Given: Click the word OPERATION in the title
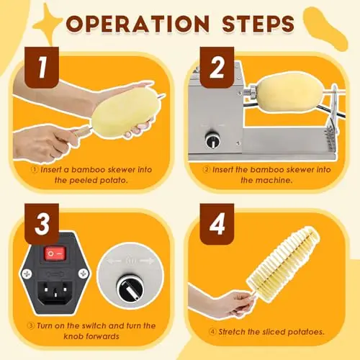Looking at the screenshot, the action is [138, 24].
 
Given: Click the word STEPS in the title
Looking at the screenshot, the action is [258, 24].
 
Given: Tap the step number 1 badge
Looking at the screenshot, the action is [42, 68].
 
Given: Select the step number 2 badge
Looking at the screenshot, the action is [217, 68].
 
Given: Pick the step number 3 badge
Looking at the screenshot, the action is [42, 224].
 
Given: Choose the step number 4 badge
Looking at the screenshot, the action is [217, 224].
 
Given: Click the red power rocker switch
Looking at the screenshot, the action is [55, 253].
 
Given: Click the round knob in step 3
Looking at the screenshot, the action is [130, 288].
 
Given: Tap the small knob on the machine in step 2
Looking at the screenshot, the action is [213, 140].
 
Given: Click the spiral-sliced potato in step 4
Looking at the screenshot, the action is [283, 264].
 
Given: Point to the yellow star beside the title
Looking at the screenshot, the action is [48, 24].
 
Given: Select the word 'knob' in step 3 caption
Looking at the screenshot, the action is [73, 336].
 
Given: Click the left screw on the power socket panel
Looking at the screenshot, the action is [26, 274].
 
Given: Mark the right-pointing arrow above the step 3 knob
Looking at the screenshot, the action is [147, 261].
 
